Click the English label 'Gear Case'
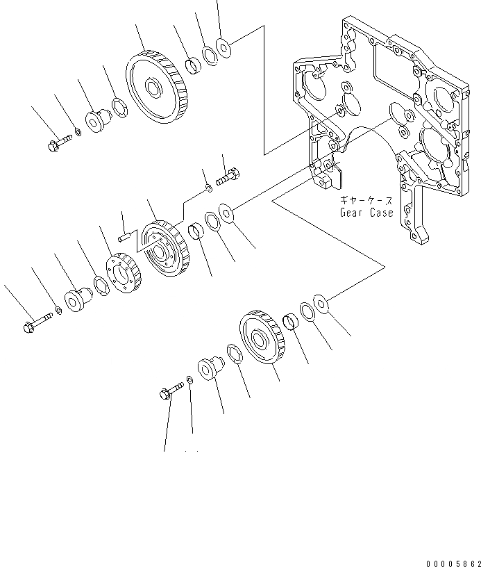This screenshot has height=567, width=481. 366,213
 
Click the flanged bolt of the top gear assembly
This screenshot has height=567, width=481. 58,145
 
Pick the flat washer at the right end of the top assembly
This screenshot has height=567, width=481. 223,47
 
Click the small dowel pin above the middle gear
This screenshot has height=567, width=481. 124,237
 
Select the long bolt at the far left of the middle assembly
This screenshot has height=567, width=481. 36,322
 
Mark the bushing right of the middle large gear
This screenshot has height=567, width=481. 197,231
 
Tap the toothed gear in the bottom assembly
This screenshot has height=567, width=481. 261,343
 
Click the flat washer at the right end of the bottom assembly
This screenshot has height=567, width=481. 321,302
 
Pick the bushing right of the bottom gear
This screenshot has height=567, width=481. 292,321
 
